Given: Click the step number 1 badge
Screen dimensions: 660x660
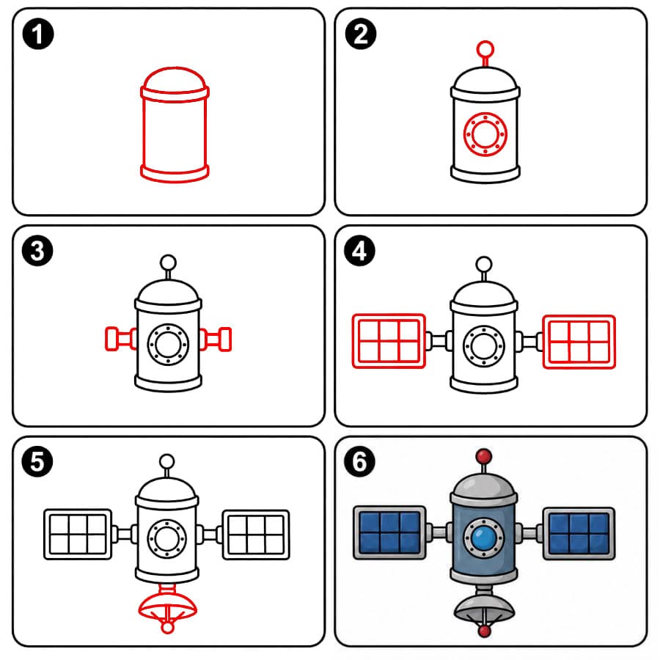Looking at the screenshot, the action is [x=38, y=34].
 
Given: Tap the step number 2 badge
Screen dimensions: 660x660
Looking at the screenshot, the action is [x=361, y=34].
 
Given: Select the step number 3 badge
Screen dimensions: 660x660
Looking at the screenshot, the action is [x=37, y=251].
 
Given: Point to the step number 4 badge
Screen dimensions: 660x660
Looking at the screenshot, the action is [x=360, y=251].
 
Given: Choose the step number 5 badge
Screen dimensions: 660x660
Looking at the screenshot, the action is [x=37, y=462].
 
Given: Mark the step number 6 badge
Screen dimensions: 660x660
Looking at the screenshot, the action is [x=360, y=462].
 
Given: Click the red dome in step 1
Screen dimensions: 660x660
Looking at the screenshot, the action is [x=175, y=78].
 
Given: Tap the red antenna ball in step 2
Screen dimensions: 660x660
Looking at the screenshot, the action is [x=485, y=48].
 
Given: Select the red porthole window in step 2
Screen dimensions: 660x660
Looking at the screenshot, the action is [x=485, y=134].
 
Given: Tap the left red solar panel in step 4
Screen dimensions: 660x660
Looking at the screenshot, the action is [x=389, y=341].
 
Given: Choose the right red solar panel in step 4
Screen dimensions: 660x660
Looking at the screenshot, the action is [x=579, y=342].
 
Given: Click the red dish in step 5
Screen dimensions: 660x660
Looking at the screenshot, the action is [x=167, y=606].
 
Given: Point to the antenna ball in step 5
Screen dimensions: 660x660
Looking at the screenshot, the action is [x=167, y=461].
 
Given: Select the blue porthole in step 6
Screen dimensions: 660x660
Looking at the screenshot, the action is [x=484, y=538].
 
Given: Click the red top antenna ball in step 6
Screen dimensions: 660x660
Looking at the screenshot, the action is [x=484, y=456].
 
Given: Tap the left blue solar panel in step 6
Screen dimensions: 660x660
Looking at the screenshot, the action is [x=390, y=533].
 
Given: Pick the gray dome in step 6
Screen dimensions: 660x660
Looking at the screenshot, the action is [x=484, y=484].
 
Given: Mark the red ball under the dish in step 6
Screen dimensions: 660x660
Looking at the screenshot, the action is [x=485, y=631].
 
